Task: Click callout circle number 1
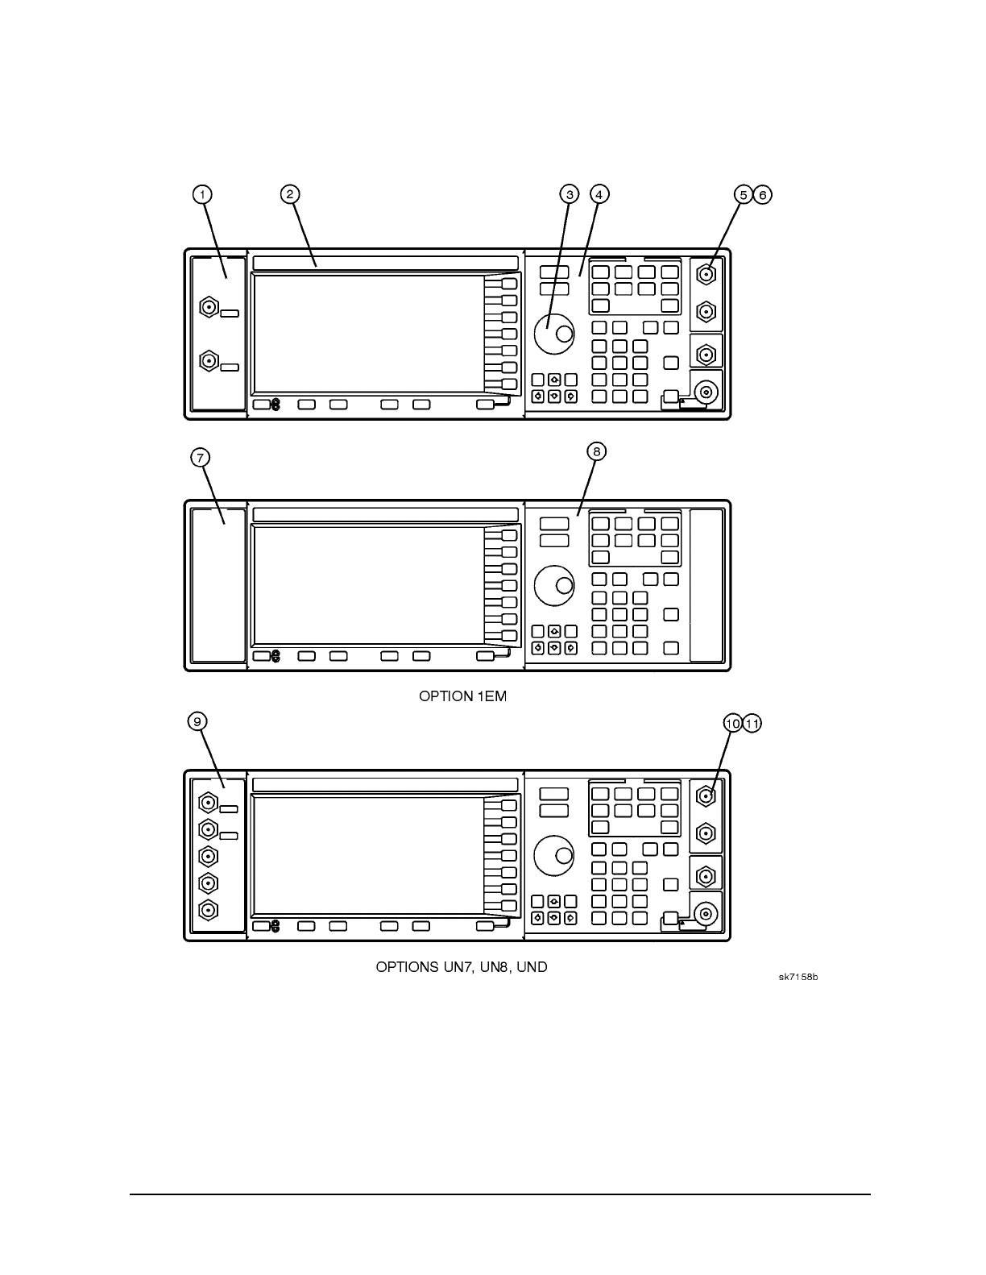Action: [202, 194]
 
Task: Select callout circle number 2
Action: [290, 194]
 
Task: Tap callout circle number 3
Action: [569, 194]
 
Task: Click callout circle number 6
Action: [763, 194]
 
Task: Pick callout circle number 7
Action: [201, 458]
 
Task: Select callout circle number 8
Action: [597, 452]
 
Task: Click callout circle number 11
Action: [752, 724]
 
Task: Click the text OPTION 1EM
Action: [462, 696]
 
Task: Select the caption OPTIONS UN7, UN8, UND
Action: [462, 966]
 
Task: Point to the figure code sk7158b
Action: [797, 978]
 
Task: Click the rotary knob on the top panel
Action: [554, 331]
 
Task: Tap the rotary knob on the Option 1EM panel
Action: [554, 584]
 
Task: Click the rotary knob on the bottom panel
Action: [554, 853]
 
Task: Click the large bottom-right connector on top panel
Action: [706, 392]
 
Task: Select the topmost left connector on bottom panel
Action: [209, 803]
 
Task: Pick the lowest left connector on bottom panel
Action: [209, 911]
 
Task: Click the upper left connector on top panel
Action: [209, 307]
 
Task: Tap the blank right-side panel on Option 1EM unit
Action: [706, 585]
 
